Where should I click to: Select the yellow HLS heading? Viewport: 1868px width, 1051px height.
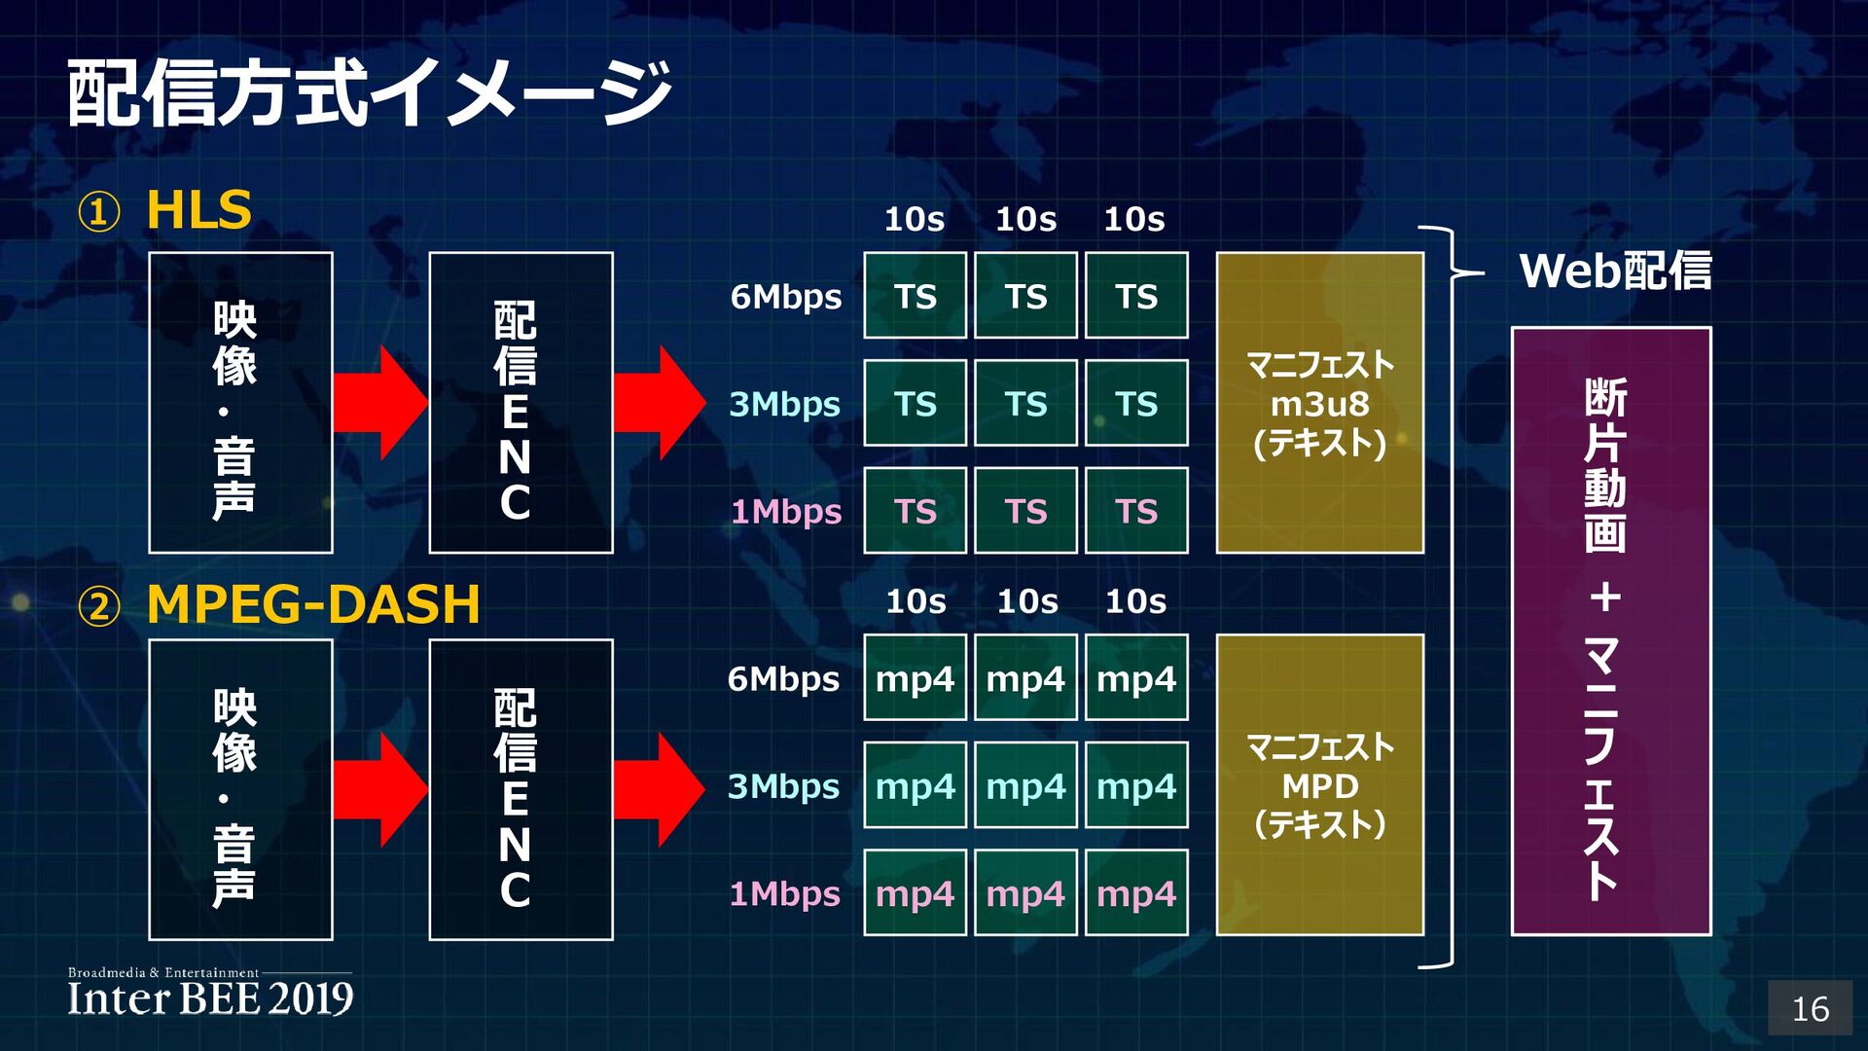198,210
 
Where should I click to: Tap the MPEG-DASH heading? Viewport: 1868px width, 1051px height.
313,604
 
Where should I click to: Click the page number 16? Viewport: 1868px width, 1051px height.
1810,1009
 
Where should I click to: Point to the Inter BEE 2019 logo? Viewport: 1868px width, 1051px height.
210,994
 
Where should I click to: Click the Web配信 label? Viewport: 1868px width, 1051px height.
1615,271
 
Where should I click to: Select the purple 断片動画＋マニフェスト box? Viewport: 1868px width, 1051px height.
1610,632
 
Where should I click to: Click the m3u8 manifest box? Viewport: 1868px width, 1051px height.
1319,403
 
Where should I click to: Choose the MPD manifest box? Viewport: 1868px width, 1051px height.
1319,785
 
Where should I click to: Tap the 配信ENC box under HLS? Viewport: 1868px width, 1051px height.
521,403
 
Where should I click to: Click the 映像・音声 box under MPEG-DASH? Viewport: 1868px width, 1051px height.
240,789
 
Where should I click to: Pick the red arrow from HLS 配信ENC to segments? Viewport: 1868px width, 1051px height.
660,402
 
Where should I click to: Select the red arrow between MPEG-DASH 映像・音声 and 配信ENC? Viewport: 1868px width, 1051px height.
379,789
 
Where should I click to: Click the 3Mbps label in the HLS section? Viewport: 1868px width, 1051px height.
784,404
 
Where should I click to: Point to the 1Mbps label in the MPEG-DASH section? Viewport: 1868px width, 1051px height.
784,893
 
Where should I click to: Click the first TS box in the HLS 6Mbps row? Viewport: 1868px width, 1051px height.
915,296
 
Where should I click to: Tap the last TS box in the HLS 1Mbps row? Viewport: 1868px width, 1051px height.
1136,511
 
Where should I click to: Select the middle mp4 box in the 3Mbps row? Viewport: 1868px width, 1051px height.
1025,785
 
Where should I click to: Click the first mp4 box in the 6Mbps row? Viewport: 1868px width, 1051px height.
915,678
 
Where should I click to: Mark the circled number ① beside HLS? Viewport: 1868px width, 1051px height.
99,212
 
